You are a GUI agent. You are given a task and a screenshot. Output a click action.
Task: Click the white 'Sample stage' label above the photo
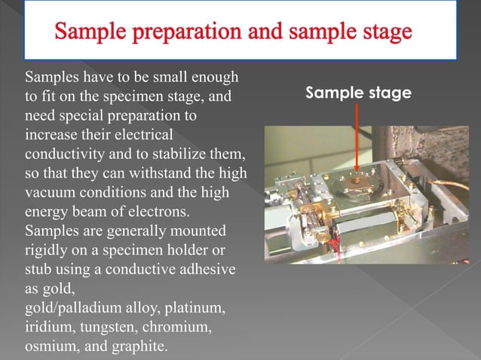click(358, 93)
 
